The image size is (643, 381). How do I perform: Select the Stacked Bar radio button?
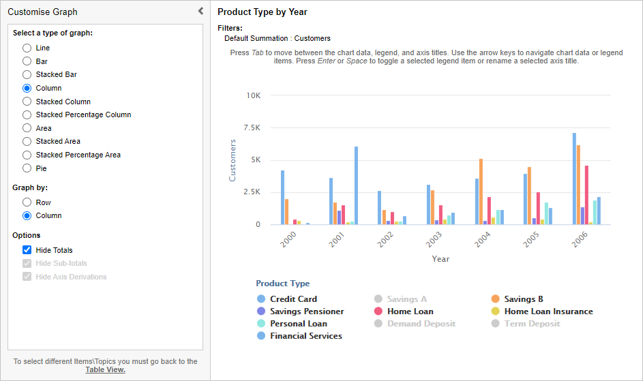tap(27, 75)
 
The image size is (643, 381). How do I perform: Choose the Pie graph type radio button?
tap(27, 168)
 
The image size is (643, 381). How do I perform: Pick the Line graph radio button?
tap(27, 48)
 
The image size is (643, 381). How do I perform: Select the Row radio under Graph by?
tap(27, 202)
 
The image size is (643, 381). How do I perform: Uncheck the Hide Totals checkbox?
tap(27, 250)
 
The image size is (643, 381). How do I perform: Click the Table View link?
tap(105, 370)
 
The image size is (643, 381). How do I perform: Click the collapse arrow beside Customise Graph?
tap(200, 11)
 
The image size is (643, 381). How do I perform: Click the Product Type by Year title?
tap(262, 12)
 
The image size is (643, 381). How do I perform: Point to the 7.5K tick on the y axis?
tap(252, 128)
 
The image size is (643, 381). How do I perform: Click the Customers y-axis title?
tap(233, 160)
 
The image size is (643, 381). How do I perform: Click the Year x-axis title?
tap(440, 259)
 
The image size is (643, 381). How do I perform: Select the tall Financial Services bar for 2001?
tap(356, 185)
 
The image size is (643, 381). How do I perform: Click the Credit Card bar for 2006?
tap(574, 179)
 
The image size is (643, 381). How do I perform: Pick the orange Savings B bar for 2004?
tap(481, 192)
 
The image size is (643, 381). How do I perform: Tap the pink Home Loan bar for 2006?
tap(586, 195)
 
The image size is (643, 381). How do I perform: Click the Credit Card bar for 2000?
tap(282, 198)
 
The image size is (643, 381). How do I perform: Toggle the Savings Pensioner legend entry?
tap(306, 311)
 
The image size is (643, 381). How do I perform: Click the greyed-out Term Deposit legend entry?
tap(531, 324)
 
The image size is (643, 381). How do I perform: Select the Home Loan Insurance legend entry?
tap(548, 311)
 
